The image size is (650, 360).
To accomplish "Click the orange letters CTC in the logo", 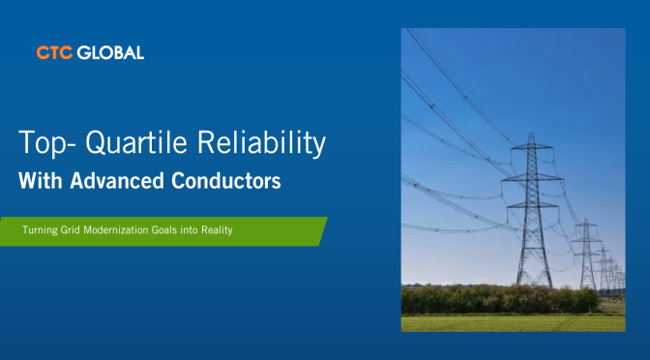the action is (54, 52).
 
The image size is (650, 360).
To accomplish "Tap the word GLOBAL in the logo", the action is (110, 52).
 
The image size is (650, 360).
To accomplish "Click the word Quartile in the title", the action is (136, 143).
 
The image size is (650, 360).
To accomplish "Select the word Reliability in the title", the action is (261, 143).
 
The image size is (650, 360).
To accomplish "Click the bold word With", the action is (41, 181).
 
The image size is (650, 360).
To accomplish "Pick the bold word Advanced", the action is (117, 181).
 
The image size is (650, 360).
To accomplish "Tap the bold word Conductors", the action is (226, 181).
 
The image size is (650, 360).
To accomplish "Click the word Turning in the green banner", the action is (40, 230).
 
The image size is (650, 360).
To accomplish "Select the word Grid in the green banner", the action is (70, 229).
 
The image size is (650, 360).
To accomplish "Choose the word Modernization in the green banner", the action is (116, 229).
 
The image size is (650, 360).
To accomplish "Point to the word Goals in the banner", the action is (164, 229).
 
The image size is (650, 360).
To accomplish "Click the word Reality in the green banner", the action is (217, 230).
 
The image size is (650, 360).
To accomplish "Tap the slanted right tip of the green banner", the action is (327, 218).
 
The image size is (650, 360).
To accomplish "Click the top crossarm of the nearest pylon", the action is (532, 147).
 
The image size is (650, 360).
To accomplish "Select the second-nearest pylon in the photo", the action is (586, 254).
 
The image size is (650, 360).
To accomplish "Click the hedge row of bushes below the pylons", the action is (500, 299).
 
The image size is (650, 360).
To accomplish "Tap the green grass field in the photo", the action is (514, 323).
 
